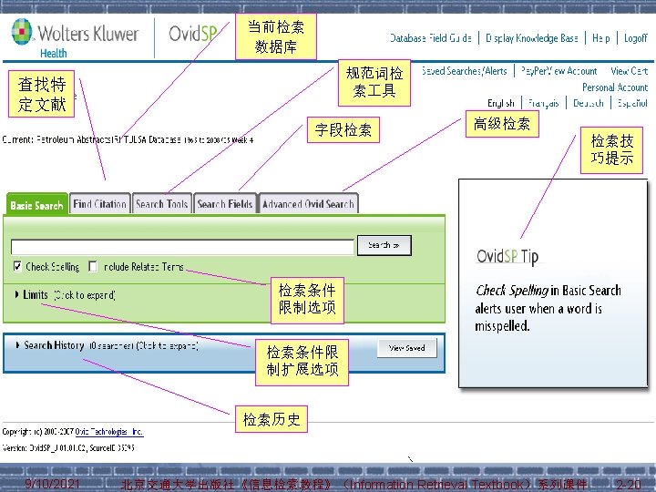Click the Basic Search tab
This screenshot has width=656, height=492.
pos(36,205)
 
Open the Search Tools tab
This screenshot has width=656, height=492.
pos(162,204)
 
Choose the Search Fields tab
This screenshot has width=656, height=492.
pos(225,204)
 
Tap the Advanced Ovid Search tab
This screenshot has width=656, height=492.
pos(308,204)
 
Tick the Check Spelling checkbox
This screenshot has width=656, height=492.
pos(18,267)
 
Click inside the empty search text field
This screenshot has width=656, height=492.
pos(182,246)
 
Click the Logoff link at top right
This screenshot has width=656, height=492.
pos(635,38)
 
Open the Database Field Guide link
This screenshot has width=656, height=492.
pos(431,38)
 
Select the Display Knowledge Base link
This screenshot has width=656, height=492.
pos(532,38)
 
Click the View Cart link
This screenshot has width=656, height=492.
pos(629,70)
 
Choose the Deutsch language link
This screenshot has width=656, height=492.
pos(588,103)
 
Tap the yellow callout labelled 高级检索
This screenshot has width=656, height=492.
pos(502,123)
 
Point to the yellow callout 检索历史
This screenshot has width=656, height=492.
pos(271,419)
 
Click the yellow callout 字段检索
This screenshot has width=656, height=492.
pos(343,130)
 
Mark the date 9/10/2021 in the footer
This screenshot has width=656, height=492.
pos(53,483)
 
